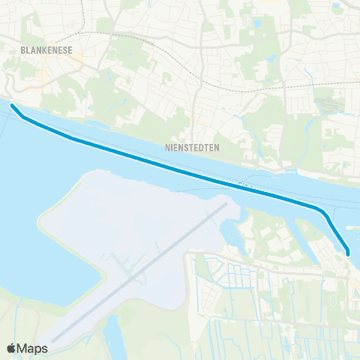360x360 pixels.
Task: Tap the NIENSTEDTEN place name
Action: (191, 148)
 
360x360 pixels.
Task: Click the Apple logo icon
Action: (11, 349)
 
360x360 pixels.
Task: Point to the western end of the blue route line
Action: (13, 106)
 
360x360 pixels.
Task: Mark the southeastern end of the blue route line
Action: (349, 253)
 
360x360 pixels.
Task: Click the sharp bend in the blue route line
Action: (323, 211)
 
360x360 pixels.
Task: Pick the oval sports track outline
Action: (330, 106)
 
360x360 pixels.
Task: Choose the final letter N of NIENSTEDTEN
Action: (217, 148)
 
